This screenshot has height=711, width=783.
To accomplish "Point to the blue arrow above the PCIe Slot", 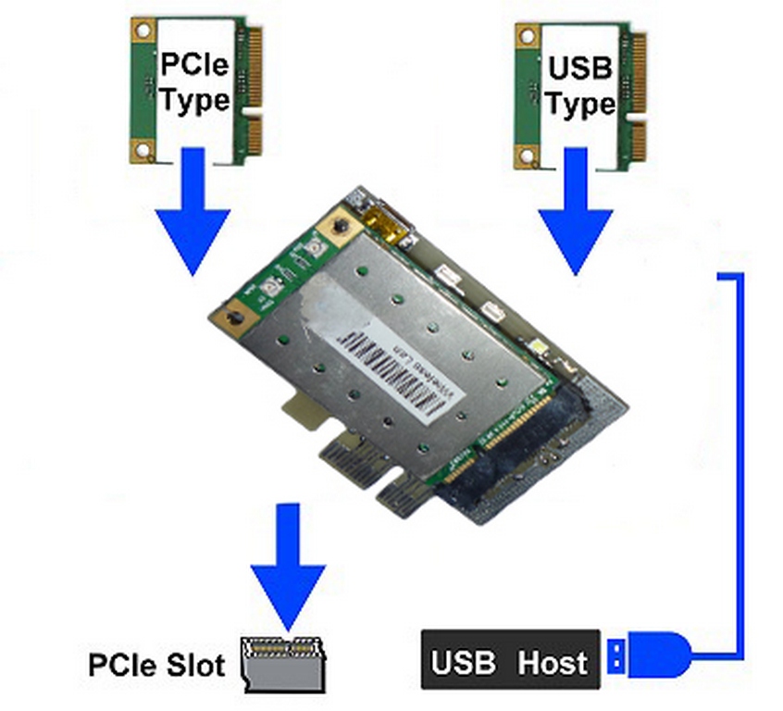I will pos(289,565).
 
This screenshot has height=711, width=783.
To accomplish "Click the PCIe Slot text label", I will pos(156,665).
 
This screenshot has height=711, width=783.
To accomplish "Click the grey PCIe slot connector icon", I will pos(282,662).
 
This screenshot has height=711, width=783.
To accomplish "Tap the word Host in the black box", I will pos(553,662).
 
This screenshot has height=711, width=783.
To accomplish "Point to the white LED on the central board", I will pos(540,348).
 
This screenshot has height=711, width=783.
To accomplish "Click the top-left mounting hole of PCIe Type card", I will pos(142,34).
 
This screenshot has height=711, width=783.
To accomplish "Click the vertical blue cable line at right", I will pos(739,463).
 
